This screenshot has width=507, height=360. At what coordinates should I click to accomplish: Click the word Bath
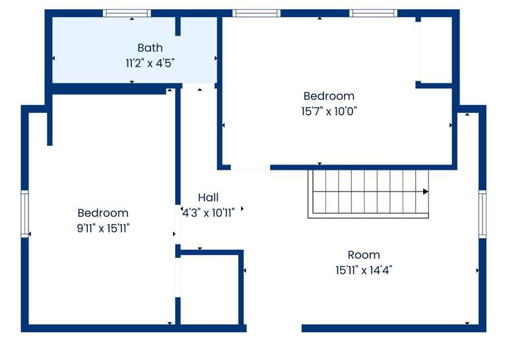150,48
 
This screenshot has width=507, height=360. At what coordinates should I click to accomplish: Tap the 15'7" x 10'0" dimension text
329,112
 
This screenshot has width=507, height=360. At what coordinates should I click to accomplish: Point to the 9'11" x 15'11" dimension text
103,229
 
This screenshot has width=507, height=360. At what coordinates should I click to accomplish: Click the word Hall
208,198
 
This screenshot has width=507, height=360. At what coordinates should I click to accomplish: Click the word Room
364,255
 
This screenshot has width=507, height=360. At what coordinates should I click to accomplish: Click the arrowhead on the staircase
425,192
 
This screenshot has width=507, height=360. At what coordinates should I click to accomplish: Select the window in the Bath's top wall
127,13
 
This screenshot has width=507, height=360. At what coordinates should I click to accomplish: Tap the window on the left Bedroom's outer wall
25,213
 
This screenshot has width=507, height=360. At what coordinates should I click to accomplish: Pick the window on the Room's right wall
482,213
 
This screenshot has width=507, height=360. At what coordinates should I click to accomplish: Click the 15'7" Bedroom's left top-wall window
257,13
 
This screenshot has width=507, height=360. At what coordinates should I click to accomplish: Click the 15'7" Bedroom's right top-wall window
373,13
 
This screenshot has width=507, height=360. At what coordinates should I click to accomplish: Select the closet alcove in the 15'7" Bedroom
436,52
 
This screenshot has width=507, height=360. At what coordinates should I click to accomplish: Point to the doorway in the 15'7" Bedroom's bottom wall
250,167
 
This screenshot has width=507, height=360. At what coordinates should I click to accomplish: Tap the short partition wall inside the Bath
178,26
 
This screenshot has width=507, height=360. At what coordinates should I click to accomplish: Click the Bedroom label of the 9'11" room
103,213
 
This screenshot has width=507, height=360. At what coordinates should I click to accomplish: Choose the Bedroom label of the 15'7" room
329,96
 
